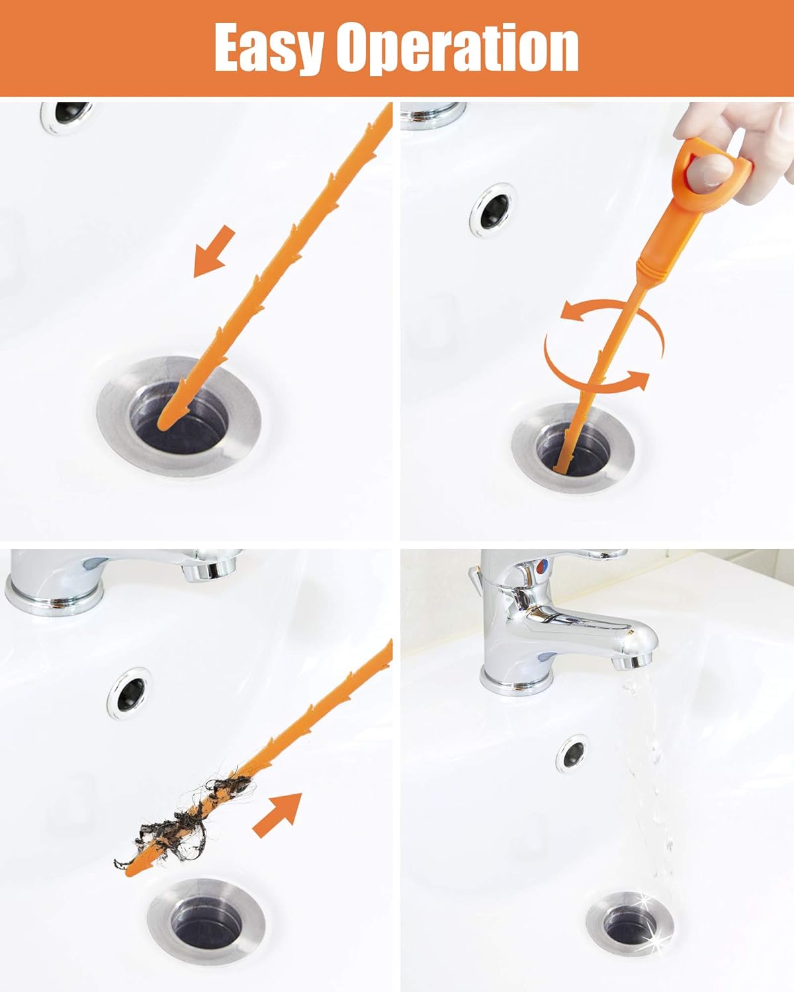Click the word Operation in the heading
[457, 48]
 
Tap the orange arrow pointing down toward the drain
[214, 252]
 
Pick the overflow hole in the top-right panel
[493, 210]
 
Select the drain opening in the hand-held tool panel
[573, 448]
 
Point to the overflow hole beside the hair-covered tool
[130, 694]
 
